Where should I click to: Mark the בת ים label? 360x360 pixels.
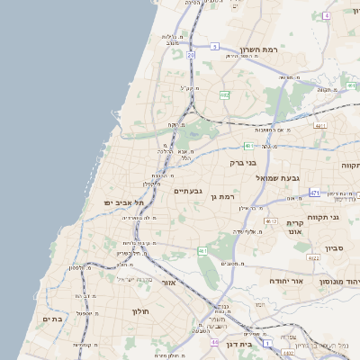pos(51,318)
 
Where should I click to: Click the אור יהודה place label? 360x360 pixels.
pos(286,281)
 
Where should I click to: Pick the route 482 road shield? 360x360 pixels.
pos(225,94)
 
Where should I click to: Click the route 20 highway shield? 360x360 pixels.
pos(191,55)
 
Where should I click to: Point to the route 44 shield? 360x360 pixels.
pos(214,342)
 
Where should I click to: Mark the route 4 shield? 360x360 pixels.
pos(202,250)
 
